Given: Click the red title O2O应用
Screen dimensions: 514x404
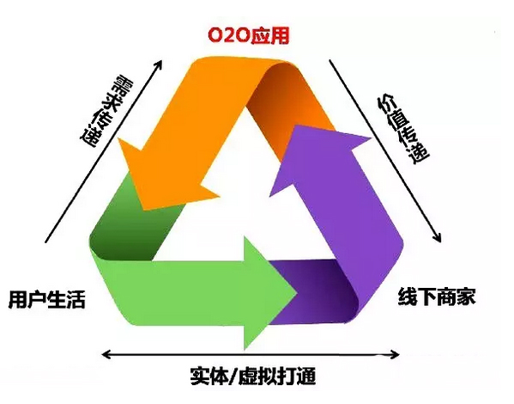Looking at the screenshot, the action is pyautogui.click(x=249, y=36).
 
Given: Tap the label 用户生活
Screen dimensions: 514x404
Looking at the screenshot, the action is pyautogui.click(x=47, y=299).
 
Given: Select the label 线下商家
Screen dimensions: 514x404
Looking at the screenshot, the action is pyautogui.click(x=437, y=297).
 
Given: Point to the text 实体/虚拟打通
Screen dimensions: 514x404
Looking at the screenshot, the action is pyautogui.click(x=252, y=376).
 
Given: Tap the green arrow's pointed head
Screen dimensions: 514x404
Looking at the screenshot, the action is pyautogui.click(x=297, y=293).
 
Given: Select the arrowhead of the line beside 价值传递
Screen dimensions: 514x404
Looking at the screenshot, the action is pyautogui.click(x=438, y=240).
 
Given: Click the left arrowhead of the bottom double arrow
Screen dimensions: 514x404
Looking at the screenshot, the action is pyautogui.click(x=104, y=354).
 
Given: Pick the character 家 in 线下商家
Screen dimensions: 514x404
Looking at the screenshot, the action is pyautogui.click(x=466, y=297).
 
